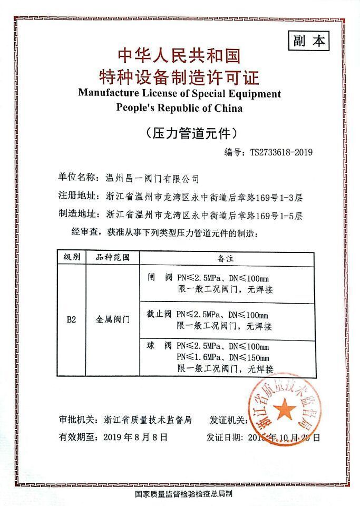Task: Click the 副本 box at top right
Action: pyautogui.click(x=308, y=41)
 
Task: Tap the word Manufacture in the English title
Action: pyautogui.click(x=108, y=94)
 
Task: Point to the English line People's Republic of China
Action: pyautogui.click(x=179, y=109)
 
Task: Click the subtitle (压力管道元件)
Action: pyautogui.click(x=180, y=133)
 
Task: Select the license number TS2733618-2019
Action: pyautogui.click(x=282, y=152)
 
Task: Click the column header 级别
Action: pyautogui.click(x=72, y=258)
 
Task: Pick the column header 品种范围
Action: pyautogui.click(x=112, y=258)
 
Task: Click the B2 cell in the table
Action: pyautogui.click(x=72, y=319)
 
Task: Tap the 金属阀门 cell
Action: pyautogui.click(x=112, y=319)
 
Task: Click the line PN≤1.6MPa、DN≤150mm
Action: pyautogui.click(x=223, y=357)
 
